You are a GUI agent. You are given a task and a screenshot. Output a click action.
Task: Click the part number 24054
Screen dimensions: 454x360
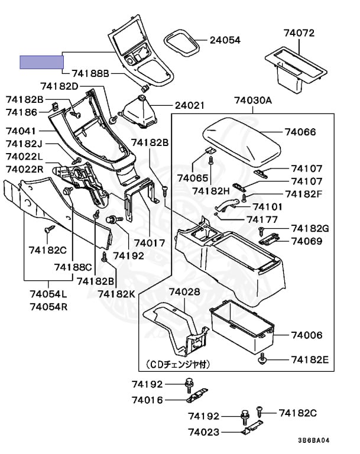click(x=225, y=40)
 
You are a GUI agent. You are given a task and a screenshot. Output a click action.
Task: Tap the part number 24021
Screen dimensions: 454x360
click(x=189, y=106)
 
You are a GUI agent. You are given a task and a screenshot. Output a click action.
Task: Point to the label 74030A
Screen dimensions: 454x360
click(x=253, y=100)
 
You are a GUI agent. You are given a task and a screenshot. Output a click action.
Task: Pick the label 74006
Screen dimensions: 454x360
click(x=306, y=335)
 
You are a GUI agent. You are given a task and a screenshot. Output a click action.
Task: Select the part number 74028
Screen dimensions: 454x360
click(x=184, y=291)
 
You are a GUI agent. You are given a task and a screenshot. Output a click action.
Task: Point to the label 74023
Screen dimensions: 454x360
click(x=204, y=433)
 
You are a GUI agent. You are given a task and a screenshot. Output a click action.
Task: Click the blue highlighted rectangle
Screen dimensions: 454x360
click(x=41, y=61)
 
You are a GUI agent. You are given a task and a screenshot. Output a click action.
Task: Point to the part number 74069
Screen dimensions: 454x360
click(x=306, y=241)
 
